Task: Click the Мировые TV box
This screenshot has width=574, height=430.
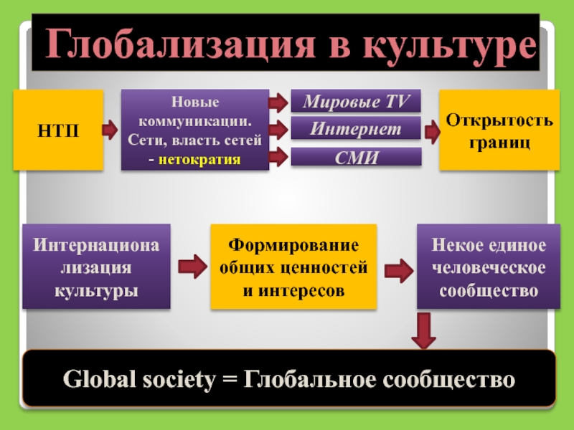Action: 355,102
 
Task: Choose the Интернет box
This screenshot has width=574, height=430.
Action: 355,130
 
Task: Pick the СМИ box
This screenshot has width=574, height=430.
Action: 355,157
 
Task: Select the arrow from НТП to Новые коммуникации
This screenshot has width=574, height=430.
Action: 110,130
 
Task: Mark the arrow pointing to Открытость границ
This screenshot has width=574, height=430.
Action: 432,131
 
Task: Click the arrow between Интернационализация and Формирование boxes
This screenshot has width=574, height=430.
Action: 189,267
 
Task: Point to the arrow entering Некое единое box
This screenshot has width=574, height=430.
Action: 397,270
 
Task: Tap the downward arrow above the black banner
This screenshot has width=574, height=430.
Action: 424,332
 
